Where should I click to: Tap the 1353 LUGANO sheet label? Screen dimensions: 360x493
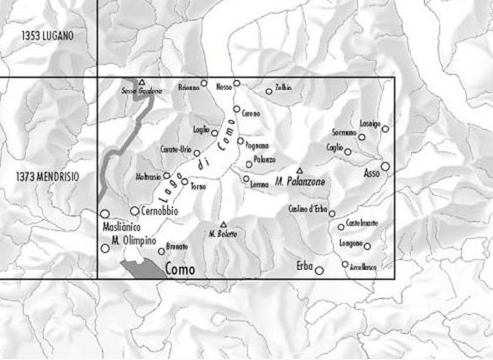tap(50, 36)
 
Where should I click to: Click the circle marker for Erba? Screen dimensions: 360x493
tap(319, 270)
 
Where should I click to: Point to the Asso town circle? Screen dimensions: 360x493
tap(385, 167)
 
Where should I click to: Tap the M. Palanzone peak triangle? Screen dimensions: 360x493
tap(299, 170)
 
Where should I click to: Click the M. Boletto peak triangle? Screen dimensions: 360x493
tap(223, 224)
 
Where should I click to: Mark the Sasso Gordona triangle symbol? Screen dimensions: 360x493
tap(142, 82)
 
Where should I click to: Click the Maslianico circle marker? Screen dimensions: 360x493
tap(104, 214)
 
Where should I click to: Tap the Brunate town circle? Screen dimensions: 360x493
tap(161, 251)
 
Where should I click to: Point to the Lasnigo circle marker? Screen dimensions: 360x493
tap(385, 129)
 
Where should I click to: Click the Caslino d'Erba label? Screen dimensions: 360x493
tap(306, 210)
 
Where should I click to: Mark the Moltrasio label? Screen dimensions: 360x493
tap(154, 177)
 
